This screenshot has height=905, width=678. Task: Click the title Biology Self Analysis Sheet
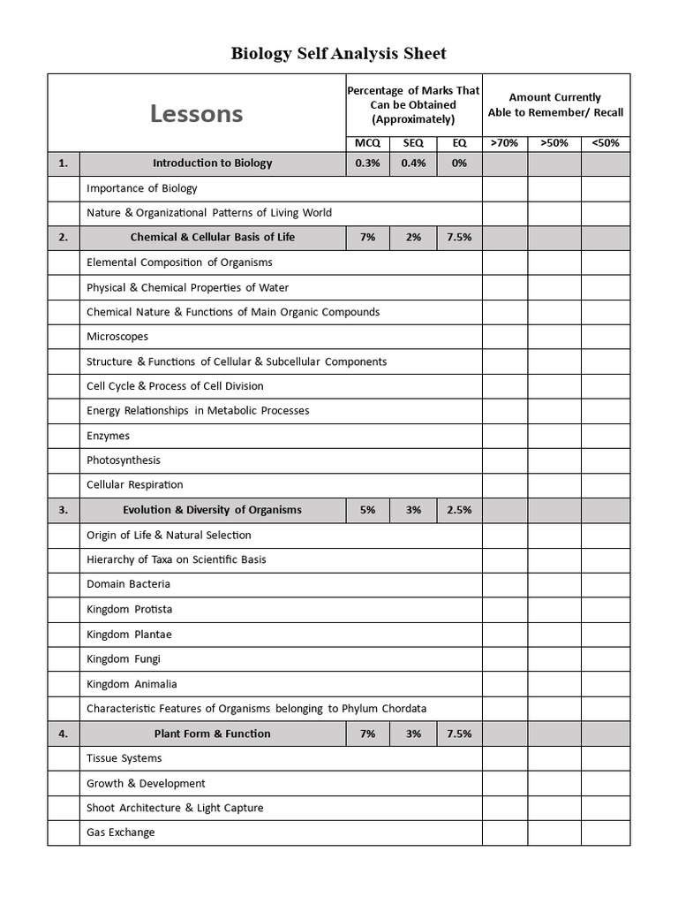point(339,54)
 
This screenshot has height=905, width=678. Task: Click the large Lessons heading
point(196,114)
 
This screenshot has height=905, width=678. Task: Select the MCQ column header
point(368,143)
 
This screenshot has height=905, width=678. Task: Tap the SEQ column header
point(413,143)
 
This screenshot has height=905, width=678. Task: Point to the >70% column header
point(505,143)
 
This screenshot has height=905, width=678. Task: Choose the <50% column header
point(606,143)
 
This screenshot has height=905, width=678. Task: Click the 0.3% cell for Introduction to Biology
point(368,164)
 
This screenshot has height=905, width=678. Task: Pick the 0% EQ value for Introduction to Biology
point(459,164)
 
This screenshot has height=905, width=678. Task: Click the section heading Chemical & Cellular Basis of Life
point(213,238)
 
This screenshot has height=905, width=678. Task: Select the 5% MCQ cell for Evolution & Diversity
point(368,510)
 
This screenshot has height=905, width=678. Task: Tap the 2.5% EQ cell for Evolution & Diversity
point(459,510)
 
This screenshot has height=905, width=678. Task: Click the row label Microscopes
point(117,337)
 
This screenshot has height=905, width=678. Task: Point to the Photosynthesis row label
point(124,460)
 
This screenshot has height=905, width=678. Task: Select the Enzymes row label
point(109,436)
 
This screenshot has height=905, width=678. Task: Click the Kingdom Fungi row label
point(124,658)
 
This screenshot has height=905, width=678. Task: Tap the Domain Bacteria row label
point(129,584)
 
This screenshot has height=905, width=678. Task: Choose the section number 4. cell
point(63,734)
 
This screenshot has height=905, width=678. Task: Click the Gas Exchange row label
point(121,833)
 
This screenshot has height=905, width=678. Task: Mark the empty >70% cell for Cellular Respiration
point(505,485)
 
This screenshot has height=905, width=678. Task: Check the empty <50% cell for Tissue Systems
point(606,758)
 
